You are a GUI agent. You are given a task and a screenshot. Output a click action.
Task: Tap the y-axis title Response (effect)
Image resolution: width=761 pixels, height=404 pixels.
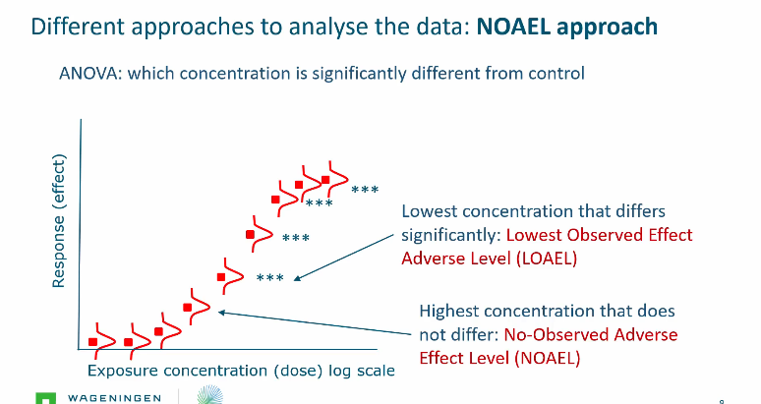[x=58, y=222]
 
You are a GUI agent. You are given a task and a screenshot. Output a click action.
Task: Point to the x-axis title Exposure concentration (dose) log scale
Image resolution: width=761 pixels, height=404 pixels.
[x=241, y=371]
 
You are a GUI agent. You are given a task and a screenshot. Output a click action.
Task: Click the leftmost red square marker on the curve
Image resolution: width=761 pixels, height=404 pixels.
[x=93, y=341]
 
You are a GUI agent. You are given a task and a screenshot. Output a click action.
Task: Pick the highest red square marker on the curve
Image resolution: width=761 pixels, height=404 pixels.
[x=325, y=180]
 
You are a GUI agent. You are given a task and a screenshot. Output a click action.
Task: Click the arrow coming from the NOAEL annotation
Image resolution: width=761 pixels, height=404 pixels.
[x=315, y=324]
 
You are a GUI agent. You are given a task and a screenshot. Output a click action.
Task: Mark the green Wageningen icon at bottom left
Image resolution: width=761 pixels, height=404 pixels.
[x=44, y=398]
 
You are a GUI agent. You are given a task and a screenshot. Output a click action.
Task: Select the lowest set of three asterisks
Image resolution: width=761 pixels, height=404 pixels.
[x=269, y=278]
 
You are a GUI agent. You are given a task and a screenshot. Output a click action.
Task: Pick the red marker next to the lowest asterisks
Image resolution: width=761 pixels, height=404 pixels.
[x=222, y=277]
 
